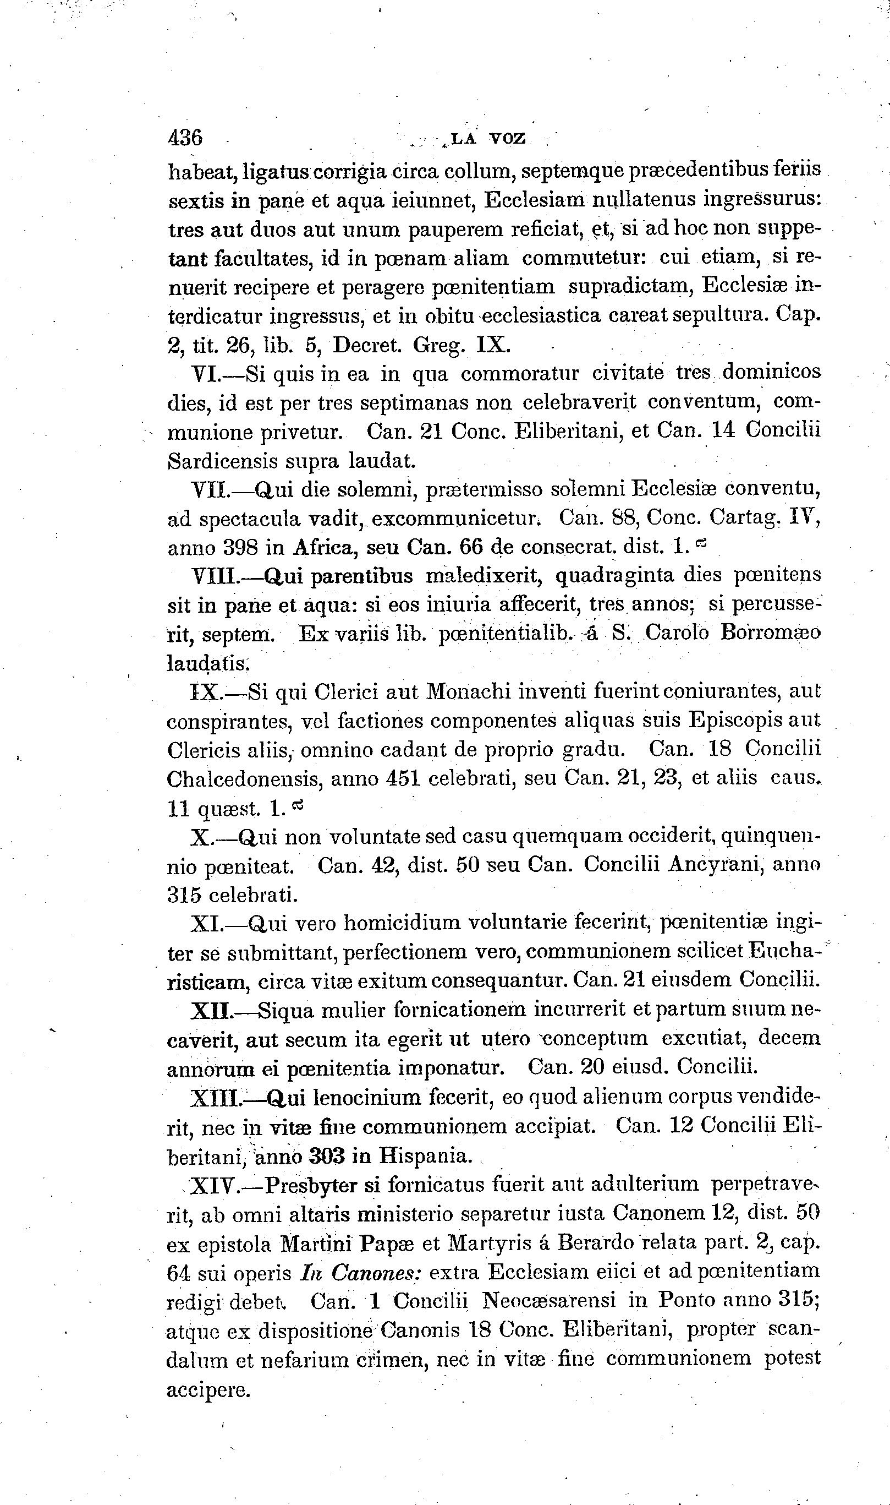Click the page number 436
186,138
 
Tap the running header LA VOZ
487,139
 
